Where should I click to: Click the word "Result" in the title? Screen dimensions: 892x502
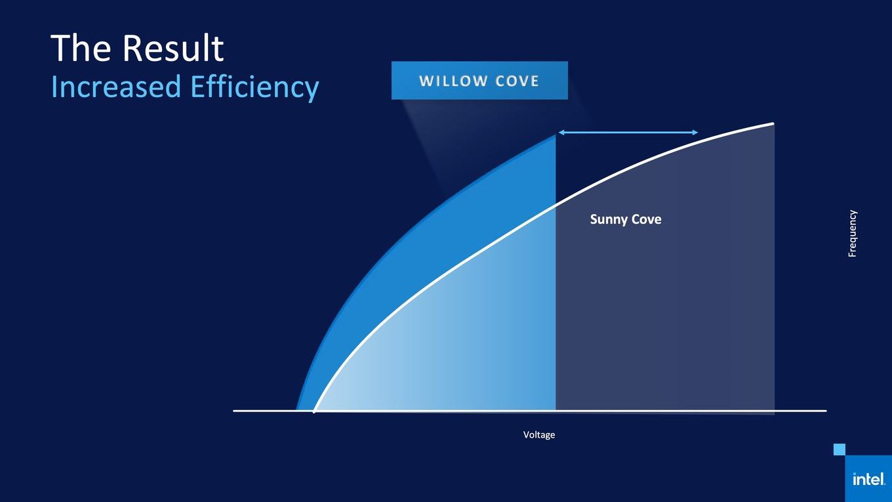(173, 48)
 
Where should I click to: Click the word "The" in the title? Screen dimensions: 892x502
(81, 48)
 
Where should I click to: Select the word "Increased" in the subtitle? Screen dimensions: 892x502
(116, 87)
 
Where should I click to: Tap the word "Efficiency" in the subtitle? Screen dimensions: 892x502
(254, 88)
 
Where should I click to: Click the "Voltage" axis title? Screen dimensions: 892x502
(538, 434)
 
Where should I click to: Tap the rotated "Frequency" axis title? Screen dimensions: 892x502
(852, 234)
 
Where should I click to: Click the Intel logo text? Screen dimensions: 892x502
(869, 479)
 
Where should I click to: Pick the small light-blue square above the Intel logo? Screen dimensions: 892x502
(840, 450)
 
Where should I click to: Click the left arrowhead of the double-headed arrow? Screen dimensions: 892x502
(561, 133)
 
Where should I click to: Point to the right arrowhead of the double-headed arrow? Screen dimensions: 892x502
(695, 133)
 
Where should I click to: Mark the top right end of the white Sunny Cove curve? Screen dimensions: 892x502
(773, 123)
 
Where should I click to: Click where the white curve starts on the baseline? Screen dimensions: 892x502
(314, 411)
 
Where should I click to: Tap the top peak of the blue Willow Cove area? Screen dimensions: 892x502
(556, 135)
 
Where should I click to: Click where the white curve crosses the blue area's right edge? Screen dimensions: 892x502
(556, 205)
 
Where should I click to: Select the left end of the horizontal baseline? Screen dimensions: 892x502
(234, 411)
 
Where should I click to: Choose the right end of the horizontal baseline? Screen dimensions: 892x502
(826, 411)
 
